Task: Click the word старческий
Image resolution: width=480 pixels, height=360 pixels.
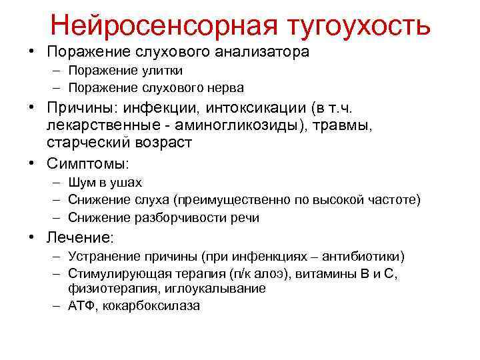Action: [91, 143]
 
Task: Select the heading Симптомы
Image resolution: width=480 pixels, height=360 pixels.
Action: [87, 163]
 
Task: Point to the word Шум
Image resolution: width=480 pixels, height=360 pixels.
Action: [81, 183]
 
